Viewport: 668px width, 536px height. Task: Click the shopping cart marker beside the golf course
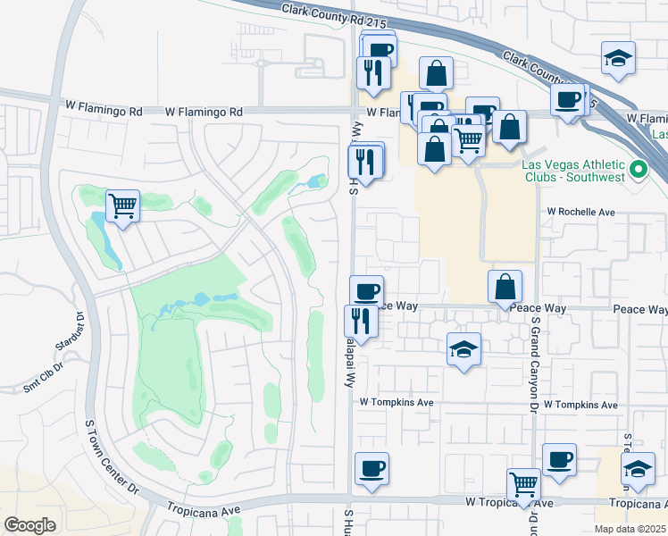[x=122, y=206]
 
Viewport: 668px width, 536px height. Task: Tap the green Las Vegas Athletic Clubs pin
[x=638, y=169]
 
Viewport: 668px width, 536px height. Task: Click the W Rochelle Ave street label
[x=581, y=213]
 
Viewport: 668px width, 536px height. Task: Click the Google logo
[x=29, y=524]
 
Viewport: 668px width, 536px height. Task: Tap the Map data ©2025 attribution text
[x=630, y=529]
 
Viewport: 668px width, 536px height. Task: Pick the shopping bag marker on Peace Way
[x=505, y=287]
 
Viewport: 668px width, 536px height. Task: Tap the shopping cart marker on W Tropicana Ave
[x=523, y=484]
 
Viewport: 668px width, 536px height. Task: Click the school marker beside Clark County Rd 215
[x=618, y=58]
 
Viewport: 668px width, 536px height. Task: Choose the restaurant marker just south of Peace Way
[x=361, y=321]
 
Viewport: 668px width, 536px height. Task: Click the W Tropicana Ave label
[x=509, y=503]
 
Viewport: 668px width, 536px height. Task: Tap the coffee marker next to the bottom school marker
[x=559, y=460]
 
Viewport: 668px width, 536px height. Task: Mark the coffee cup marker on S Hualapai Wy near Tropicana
[x=372, y=468]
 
